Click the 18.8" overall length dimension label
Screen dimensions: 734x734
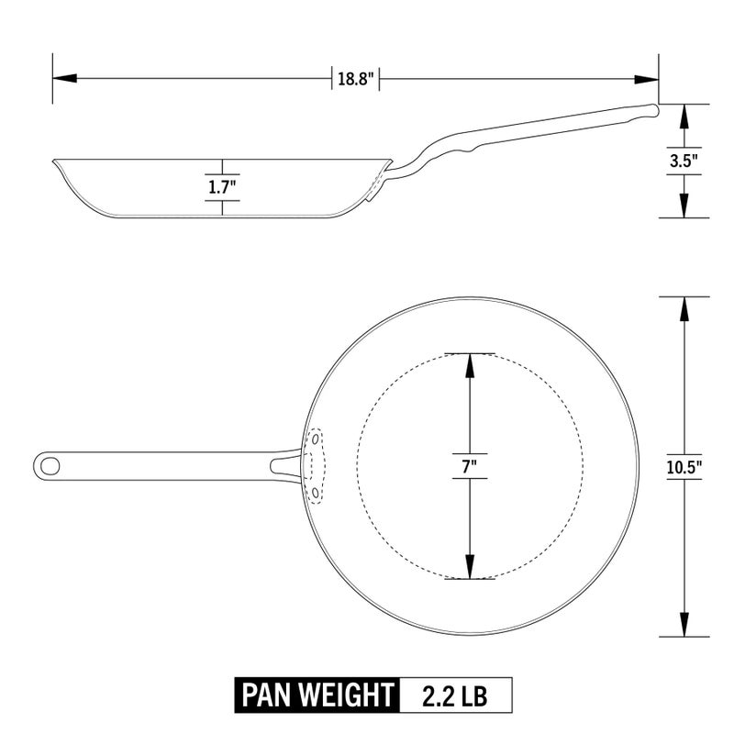coord(356,79)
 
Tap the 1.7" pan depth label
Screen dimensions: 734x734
coord(222,187)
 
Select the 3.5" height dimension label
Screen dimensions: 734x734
coord(684,161)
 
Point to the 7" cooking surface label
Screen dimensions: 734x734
coord(470,465)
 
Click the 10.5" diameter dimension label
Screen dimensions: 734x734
coord(684,466)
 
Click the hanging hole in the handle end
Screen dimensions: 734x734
coord(50,465)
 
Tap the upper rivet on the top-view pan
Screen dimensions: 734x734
coord(315,439)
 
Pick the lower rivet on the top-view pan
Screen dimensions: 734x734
coord(315,494)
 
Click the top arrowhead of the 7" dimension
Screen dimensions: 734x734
coord(470,362)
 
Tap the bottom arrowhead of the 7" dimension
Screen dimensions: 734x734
coord(470,569)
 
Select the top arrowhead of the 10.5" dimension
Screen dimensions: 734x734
coord(684,307)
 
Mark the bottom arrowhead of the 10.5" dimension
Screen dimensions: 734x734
coord(684,627)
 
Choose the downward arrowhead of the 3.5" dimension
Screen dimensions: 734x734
coord(684,207)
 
